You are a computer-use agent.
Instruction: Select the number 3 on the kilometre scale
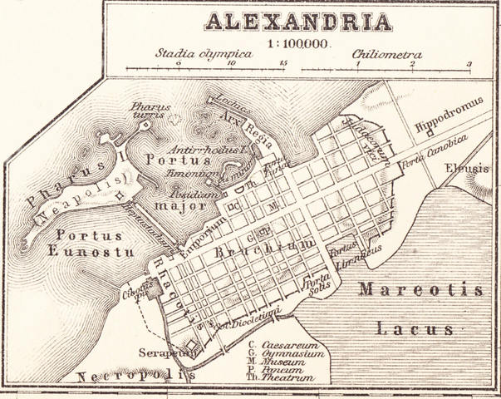pyautogui.click(x=469, y=63)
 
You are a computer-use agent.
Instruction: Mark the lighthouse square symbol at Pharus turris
pyautogui.click(x=145, y=126)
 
